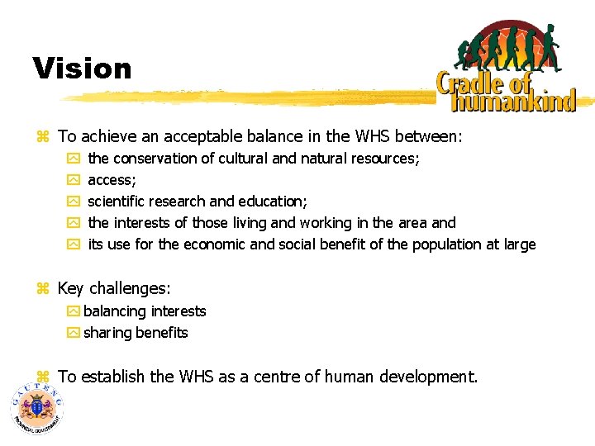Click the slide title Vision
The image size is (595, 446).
coord(82,69)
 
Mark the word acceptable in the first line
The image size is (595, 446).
coord(198,135)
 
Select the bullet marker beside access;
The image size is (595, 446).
coord(74,180)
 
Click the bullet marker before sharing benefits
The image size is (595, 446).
coord(74,334)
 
